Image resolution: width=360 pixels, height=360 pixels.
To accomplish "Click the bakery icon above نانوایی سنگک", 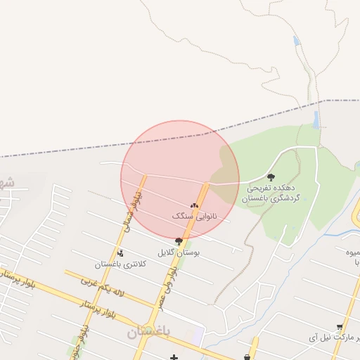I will (194, 205).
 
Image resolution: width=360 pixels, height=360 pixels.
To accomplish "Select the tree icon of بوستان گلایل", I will (179, 241).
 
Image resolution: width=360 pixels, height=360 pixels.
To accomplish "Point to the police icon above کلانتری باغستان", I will (120, 253).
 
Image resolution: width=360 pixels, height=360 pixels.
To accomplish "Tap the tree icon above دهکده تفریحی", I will (271, 177).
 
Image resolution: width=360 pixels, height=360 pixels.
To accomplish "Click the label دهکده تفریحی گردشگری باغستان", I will (273, 193).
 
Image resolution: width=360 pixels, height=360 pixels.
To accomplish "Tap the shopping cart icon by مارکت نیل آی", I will (340, 327).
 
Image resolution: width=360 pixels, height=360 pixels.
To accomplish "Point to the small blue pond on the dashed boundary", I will (316, 119).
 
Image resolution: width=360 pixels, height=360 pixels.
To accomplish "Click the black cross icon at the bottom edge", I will (174, 358).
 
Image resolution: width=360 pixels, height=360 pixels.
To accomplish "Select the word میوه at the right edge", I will (352, 252).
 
